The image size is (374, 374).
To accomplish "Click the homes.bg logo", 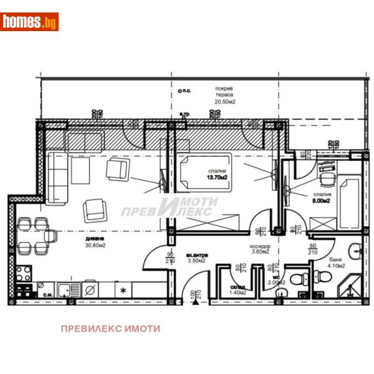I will tap(29, 22).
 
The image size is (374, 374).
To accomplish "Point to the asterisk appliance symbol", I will tap(123, 290).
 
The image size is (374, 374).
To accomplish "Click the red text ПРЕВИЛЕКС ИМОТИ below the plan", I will tap(110, 328).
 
